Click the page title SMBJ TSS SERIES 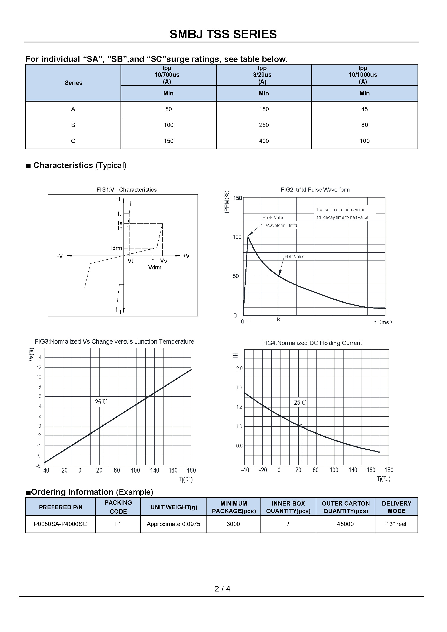[x=223, y=34]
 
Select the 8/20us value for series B [x=264, y=125]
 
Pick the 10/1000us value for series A [x=364, y=109]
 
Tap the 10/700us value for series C [x=168, y=141]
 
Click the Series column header [x=73, y=83]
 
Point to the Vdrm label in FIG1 [x=155, y=267]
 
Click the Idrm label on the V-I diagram [x=116, y=248]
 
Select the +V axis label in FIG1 [x=186, y=256]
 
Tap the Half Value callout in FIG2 [x=294, y=256]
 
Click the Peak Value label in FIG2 [x=273, y=218]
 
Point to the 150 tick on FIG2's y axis [x=237, y=198]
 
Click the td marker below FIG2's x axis [x=279, y=319]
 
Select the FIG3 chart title [x=114, y=342]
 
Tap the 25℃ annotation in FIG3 [x=101, y=402]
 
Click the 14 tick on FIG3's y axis [x=39, y=357]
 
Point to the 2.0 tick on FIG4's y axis [x=239, y=369]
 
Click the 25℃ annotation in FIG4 [x=300, y=403]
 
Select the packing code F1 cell [x=118, y=524]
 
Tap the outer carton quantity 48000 [x=345, y=524]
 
